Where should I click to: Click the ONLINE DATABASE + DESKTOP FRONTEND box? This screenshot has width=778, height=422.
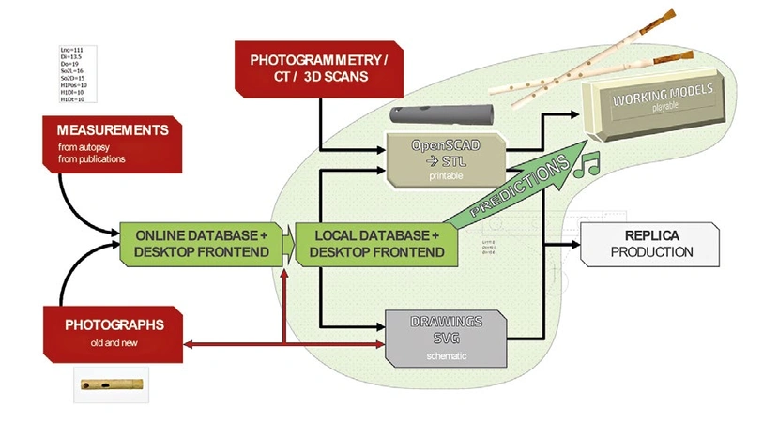coord(200,243)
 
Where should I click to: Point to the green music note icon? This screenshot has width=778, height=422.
coord(590,167)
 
